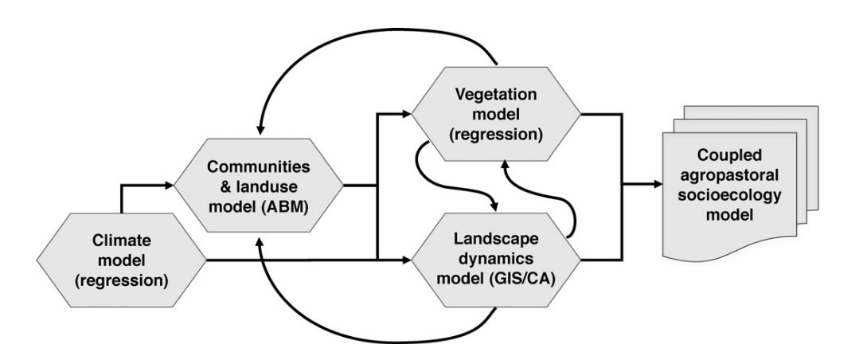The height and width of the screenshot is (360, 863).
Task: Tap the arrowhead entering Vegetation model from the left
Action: coord(405,115)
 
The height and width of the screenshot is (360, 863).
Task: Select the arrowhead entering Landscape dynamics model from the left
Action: coord(405,259)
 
